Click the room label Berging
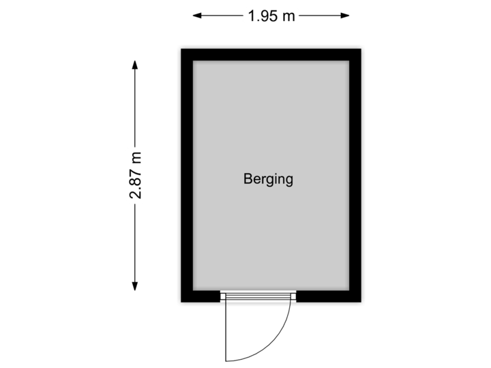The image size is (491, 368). [x=268, y=179]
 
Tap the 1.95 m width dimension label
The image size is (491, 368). [x=271, y=16]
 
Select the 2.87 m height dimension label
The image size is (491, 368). [x=136, y=175]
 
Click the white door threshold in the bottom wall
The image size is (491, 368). [x=258, y=296]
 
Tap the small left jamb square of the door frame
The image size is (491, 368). [x=223, y=296]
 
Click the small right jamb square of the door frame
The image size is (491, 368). [x=294, y=296]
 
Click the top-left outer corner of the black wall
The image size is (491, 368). [x=178, y=46]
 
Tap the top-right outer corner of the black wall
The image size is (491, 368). [x=364, y=46]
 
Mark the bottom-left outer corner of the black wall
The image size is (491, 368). [x=178, y=305]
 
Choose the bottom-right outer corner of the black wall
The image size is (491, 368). [x=364, y=305]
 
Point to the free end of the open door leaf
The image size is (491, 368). [x=226, y=359]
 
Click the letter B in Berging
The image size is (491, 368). [x=248, y=179]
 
